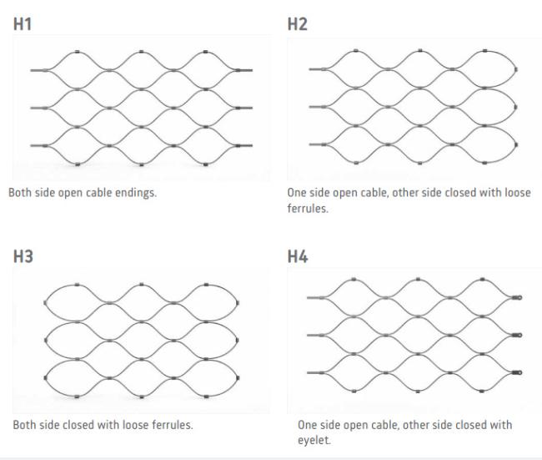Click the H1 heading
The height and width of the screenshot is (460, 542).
[23, 25]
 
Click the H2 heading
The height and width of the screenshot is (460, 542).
[298, 25]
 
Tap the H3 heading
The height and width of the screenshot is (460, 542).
[23, 256]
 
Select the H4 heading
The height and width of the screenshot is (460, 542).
[298, 256]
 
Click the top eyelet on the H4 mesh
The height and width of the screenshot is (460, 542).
[518, 296]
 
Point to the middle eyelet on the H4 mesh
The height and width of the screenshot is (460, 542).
[518, 336]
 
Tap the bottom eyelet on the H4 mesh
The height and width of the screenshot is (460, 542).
[518, 372]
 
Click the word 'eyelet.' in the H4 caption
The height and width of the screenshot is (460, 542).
[314, 439]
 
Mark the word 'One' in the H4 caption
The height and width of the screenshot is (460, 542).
[308, 425]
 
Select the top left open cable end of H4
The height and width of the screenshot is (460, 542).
[309, 297]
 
